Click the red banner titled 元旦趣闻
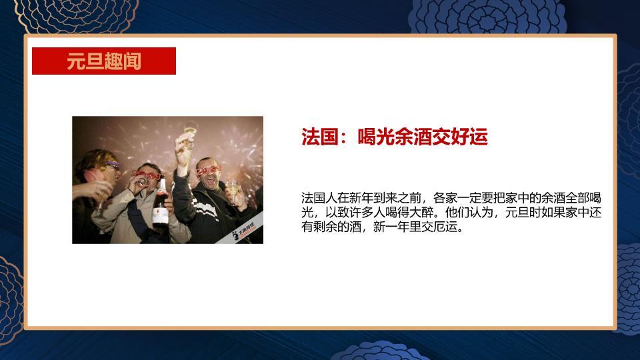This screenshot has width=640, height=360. pyautogui.click(x=104, y=61)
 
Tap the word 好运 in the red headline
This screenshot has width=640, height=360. pyautogui.click(x=470, y=137)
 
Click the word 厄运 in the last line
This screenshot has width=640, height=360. pyautogui.click(x=445, y=227)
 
